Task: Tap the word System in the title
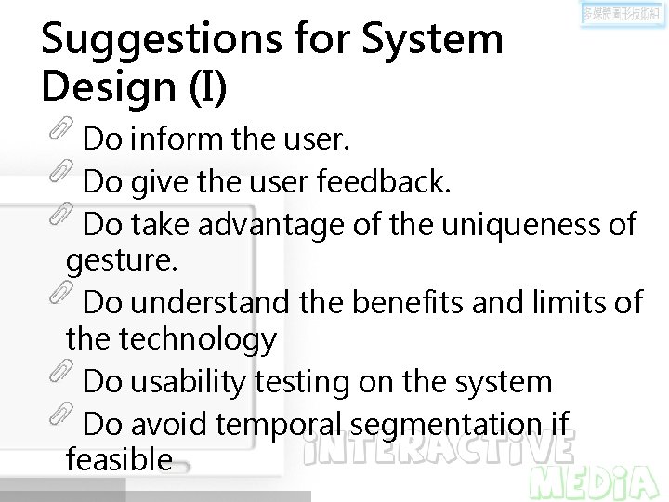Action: pyautogui.click(x=432, y=39)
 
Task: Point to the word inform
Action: pyautogui.click(x=177, y=140)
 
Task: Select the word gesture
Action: pyautogui.click(x=121, y=261)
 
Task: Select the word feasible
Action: pyautogui.click(x=119, y=459)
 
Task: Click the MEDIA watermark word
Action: pyautogui.click(x=595, y=481)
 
